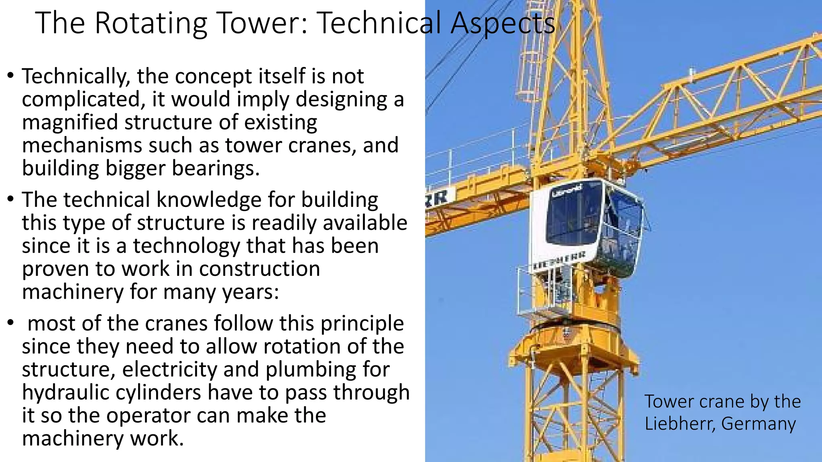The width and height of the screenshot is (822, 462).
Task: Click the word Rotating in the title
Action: (151, 23)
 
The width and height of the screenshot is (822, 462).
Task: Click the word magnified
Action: (69, 122)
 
